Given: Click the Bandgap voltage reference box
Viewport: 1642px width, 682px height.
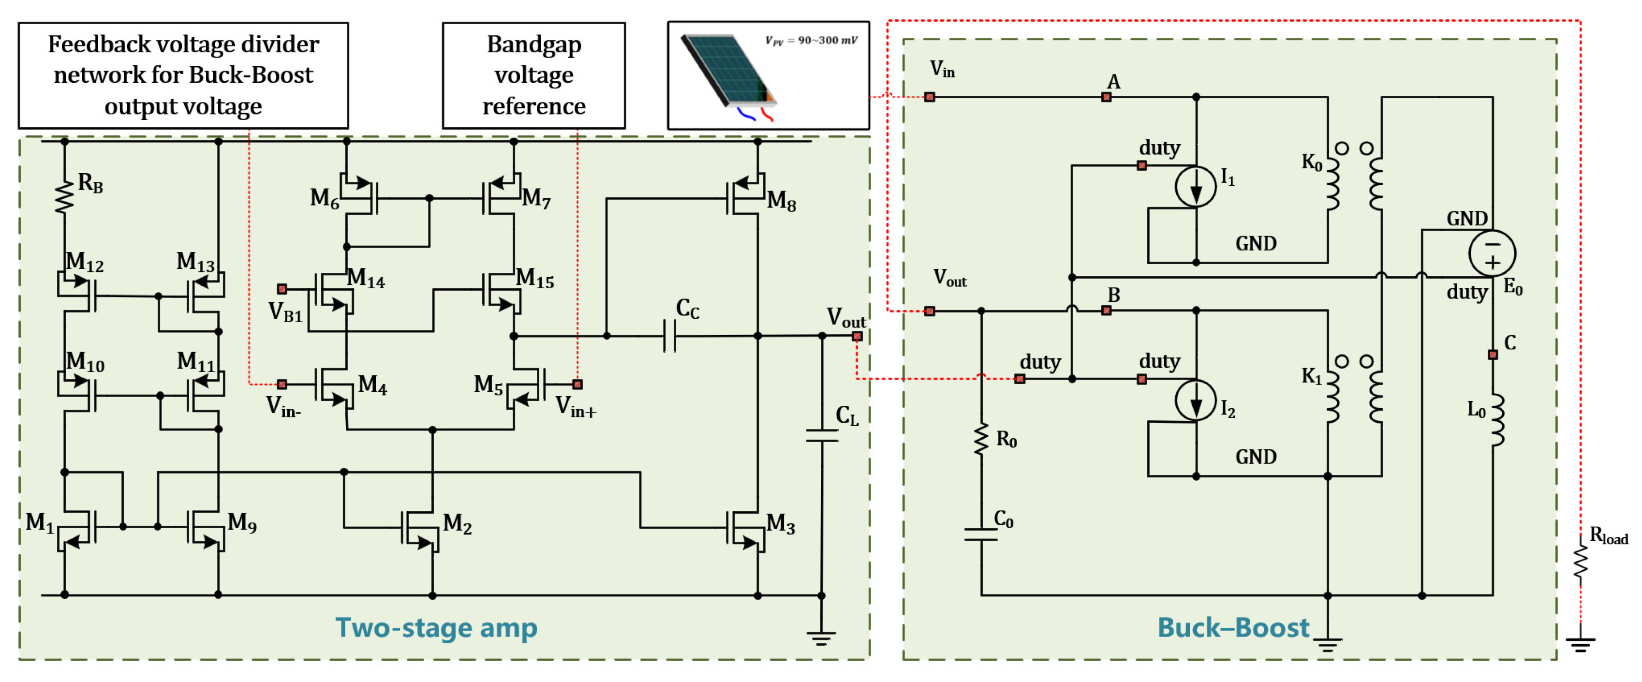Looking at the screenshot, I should (533, 75).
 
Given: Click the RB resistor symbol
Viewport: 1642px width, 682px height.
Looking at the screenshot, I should (64, 196).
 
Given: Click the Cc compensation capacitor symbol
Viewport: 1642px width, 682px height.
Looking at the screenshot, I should (669, 336).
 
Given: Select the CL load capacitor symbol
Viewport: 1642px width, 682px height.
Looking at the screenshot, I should (822, 436).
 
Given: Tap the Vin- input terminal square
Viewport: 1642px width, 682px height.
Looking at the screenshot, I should (282, 385).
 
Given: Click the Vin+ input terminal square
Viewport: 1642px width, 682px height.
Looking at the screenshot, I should (577, 385).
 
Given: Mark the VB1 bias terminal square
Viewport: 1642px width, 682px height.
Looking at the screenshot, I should (282, 289).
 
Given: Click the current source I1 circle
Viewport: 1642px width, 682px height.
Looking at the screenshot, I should (1196, 186).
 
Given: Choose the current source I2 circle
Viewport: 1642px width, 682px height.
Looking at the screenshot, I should (1196, 400).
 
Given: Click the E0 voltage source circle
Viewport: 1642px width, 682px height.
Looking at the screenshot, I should (1492, 253).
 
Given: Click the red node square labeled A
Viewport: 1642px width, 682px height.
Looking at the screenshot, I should (1107, 97).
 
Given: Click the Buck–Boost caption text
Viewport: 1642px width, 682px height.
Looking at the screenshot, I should (1233, 628).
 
